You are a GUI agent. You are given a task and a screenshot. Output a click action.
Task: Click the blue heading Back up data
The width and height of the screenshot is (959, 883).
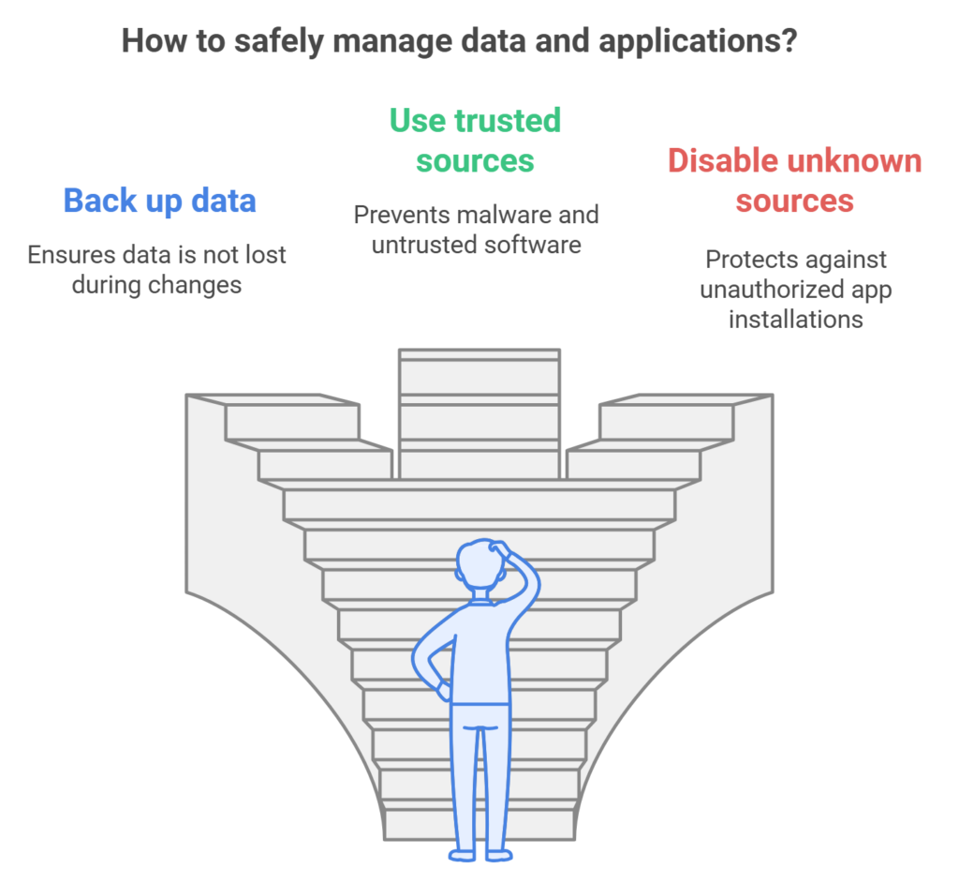159,201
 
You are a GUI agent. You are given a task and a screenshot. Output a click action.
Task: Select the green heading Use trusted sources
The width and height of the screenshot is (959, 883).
475,141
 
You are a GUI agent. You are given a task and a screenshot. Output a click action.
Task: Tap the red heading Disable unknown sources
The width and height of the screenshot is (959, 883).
794,180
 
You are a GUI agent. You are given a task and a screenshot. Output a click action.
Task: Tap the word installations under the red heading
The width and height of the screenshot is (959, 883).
796,319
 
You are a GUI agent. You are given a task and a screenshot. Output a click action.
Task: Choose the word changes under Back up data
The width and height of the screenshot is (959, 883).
199,285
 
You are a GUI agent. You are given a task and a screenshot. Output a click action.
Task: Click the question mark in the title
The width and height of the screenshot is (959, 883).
789,42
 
